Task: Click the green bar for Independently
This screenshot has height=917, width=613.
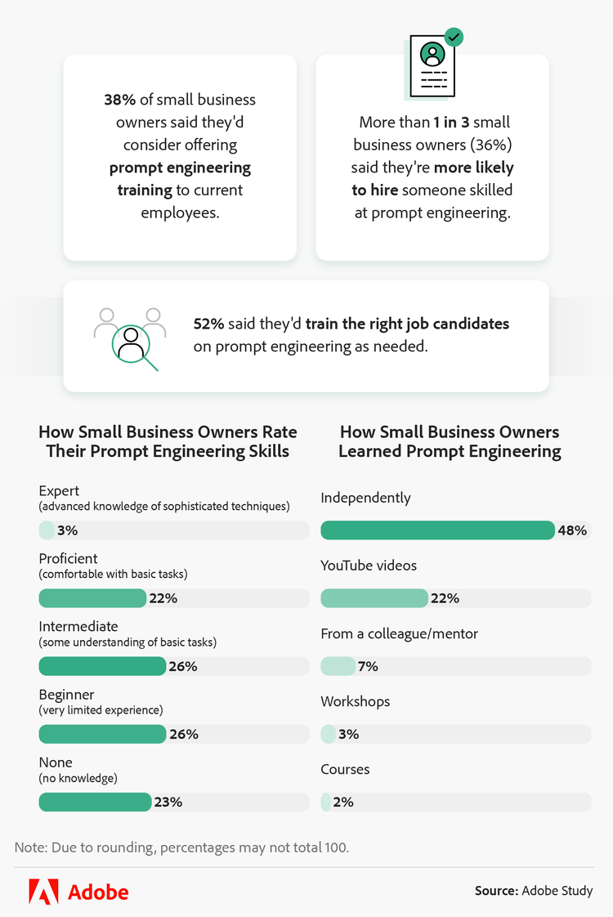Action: (437, 530)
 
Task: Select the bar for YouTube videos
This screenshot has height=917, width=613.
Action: (374, 598)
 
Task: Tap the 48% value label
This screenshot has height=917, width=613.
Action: (572, 530)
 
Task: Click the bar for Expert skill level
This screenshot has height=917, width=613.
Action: (47, 530)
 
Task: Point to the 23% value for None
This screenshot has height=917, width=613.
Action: (168, 802)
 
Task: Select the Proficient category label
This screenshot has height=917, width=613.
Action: (69, 559)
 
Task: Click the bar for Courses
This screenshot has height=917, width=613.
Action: (325, 802)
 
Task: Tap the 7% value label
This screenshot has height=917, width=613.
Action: (368, 666)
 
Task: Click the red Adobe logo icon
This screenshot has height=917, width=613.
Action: (43, 891)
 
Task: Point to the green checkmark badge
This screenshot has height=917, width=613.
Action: (453, 37)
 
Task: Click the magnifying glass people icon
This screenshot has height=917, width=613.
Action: (129, 338)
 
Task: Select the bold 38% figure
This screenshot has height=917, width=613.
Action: (119, 100)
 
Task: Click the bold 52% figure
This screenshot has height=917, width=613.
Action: (208, 324)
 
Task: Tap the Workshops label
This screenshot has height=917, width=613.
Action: (355, 701)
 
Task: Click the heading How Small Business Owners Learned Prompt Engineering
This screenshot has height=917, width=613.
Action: (450, 441)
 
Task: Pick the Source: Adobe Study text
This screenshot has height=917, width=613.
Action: (533, 890)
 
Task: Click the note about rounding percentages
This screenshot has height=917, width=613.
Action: (181, 847)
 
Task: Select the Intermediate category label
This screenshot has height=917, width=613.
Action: (78, 627)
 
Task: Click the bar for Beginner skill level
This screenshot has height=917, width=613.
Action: (102, 734)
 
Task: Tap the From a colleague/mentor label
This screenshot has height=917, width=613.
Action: (399, 633)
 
